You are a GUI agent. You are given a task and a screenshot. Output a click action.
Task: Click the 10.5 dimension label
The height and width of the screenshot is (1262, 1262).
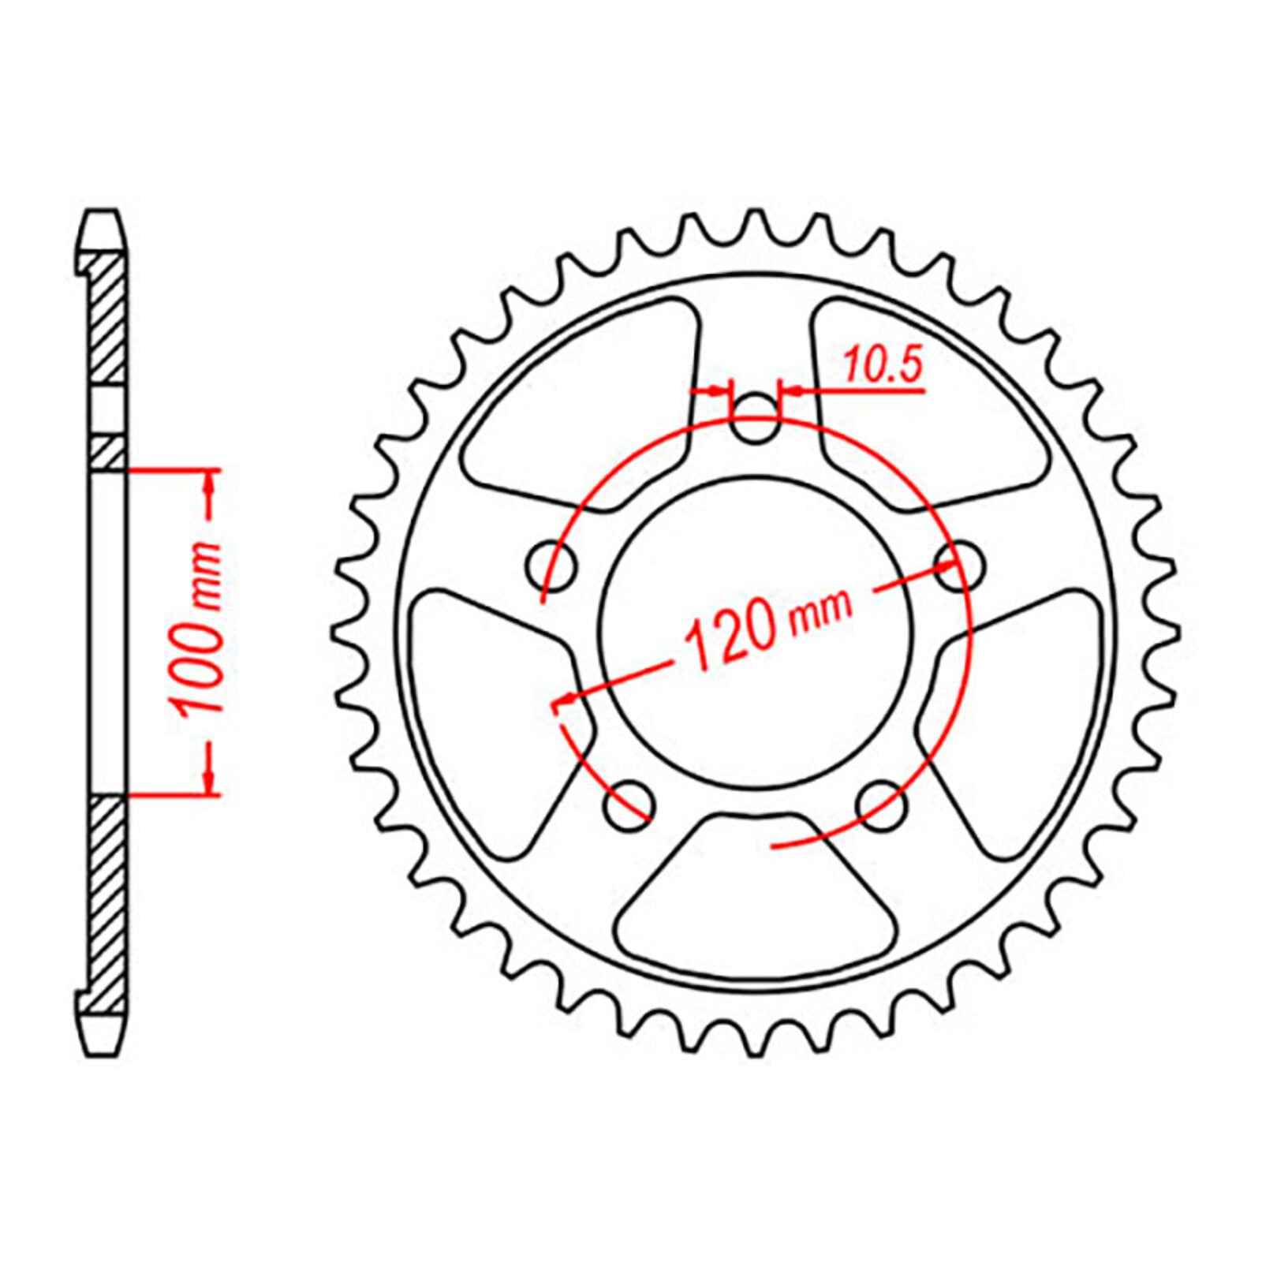(882, 366)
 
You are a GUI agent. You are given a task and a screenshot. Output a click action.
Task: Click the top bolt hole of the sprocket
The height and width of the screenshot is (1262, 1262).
(755, 420)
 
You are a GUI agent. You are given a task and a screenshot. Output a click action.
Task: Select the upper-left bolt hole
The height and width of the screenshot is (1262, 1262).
(551, 566)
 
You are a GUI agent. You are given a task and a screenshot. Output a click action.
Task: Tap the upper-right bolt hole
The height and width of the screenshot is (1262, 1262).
(960, 564)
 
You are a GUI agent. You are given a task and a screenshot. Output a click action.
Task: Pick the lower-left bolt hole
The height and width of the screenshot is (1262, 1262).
(629, 805)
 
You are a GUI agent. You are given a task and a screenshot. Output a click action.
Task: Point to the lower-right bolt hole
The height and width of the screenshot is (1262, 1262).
(881, 805)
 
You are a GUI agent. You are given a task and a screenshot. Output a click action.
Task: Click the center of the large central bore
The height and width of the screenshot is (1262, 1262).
(756, 631)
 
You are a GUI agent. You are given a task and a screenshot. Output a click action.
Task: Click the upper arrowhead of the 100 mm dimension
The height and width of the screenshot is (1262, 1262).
(210, 493)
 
